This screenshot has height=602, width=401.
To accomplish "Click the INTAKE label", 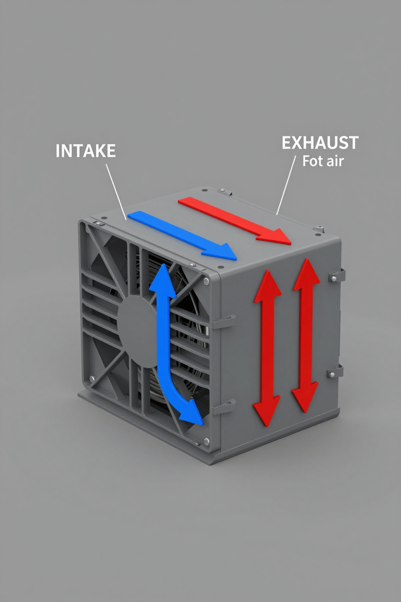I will point(85,151).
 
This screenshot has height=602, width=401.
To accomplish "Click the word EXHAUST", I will point(320,143).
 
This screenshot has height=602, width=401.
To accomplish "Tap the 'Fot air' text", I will point(323,161).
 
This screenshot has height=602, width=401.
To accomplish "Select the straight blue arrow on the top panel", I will point(180,234).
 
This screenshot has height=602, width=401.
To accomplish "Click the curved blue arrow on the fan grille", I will point(164,345).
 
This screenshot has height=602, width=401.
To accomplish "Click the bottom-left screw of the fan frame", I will point(92,379).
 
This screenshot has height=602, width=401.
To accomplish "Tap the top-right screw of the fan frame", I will point(206,281).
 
